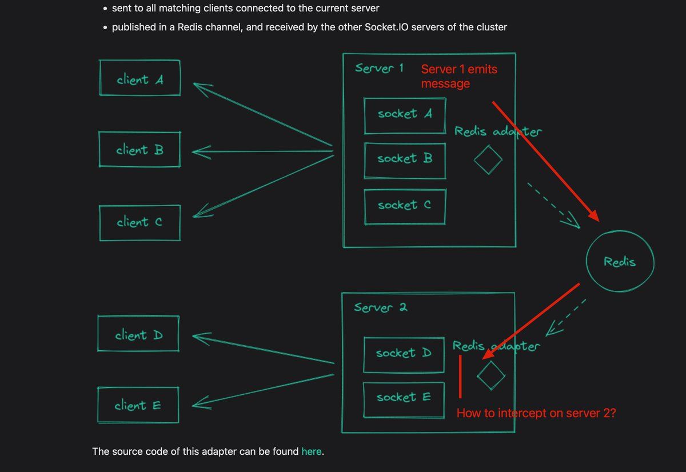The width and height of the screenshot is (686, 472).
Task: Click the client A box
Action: pyautogui.click(x=140, y=78)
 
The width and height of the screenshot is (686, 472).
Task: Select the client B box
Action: pyautogui.click(x=139, y=150)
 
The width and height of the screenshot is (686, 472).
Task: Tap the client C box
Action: pyautogui.click(x=139, y=222)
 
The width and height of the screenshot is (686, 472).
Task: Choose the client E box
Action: pyautogui.click(x=138, y=406)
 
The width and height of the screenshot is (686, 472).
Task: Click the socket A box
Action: pyautogui.click(x=405, y=114)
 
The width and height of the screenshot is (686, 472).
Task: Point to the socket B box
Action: pyautogui.click(x=405, y=159)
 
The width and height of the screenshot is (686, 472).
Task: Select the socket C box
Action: pyautogui.click(x=405, y=206)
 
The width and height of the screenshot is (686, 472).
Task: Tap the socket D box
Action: pyautogui.click(x=404, y=354)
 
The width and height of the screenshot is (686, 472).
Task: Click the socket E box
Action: pyautogui.click(x=404, y=398)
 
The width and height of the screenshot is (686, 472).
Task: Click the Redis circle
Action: pyautogui.click(x=620, y=262)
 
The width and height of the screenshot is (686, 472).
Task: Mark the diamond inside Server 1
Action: pyautogui.click(x=488, y=160)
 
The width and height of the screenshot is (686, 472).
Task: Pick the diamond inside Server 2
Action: pyautogui.click(x=491, y=375)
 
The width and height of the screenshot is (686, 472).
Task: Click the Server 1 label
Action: pyautogui.click(x=379, y=69)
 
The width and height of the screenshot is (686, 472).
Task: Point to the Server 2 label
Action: pyautogui.click(x=380, y=307)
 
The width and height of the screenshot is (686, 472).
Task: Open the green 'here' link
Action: pyautogui.click(x=312, y=451)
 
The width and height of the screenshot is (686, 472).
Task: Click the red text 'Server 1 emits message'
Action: pyautogui.click(x=459, y=76)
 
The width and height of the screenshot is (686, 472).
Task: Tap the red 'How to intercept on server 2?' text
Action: pyautogui.click(x=536, y=413)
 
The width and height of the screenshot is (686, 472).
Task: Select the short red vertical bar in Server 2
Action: pyautogui.click(x=460, y=377)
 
